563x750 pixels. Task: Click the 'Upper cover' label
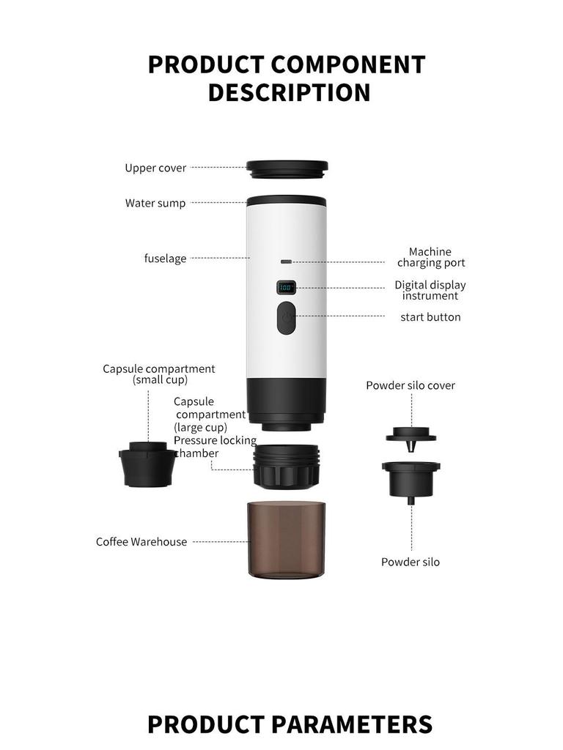[155, 168]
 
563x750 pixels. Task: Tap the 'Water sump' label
[155, 203]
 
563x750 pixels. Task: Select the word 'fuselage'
[165, 259]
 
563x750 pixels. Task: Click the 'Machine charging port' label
[430, 257]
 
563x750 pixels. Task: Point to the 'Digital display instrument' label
[430, 290]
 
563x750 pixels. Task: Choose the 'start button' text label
[430, 317]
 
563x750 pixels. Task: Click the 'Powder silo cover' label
[411, 385]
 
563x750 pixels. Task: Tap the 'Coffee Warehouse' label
[141, 542]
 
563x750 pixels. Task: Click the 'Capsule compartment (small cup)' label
[159, 374]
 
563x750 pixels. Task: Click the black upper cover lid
[287, 169]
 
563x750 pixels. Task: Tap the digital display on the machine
[287, 288]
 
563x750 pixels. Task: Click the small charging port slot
[287, 261]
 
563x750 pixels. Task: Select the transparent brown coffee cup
[287, 539]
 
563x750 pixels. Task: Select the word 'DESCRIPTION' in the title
[289, 93]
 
